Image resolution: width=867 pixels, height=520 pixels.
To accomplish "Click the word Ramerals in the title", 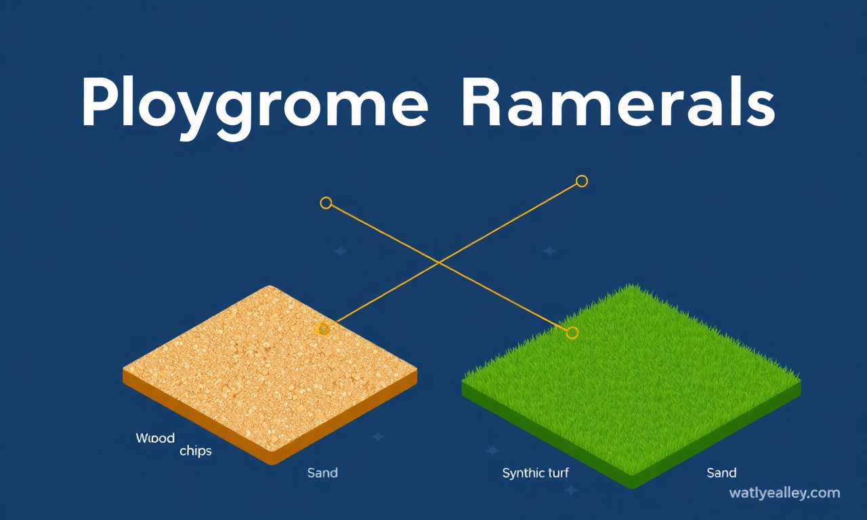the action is tap(619, 102).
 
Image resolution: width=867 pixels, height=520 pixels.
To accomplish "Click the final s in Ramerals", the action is tap(758, 108).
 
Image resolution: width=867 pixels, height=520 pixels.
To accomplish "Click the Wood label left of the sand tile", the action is tap(155, 438).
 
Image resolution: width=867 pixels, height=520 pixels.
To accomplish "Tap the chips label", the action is tap(196, 451).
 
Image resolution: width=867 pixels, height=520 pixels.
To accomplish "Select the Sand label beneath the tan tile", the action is tap(322, 473).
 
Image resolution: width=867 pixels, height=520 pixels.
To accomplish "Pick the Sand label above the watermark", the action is tap(721, 473).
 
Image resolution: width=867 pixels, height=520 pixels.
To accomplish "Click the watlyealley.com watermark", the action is tap(784, 494).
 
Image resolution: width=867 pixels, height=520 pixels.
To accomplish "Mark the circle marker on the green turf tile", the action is tap(572, 332).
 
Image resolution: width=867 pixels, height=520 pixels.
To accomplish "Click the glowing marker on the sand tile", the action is tap(322, 329).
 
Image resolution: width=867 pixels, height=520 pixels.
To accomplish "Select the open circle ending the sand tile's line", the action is tap(582, 181).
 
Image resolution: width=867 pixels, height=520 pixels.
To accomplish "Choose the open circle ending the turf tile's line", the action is tap(326, 202).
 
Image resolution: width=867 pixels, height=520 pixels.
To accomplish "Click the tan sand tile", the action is tap(270, 374).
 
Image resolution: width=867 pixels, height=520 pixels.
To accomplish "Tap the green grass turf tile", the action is tap(631, 386).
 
